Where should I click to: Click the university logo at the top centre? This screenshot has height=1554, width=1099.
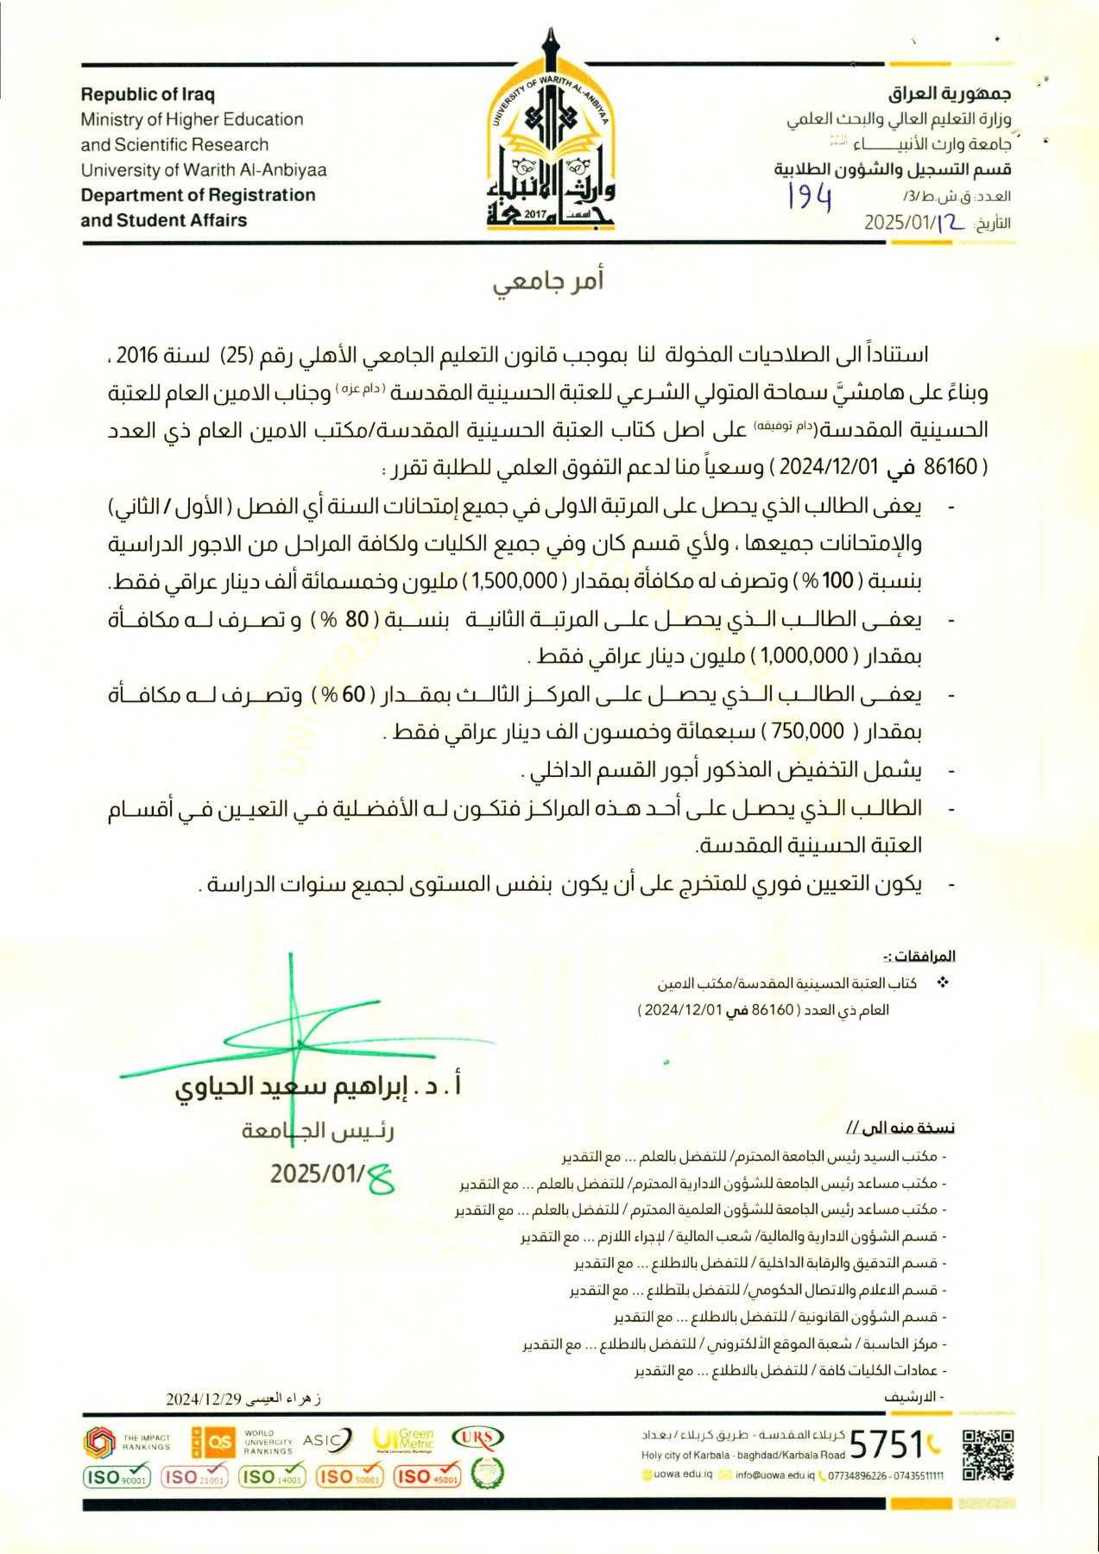(550, 138)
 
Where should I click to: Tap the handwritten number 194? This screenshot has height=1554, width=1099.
(809, 198)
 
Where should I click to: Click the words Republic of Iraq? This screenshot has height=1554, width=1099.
(148, 94)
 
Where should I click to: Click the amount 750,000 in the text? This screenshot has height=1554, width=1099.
(807, 732)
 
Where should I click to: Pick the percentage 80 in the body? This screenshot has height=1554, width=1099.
(357, 620)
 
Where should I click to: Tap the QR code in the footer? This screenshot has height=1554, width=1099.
(988, 1456)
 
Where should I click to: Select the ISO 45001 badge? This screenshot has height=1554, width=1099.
(427, 1476)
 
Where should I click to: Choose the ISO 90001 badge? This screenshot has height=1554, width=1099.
(117, 1476)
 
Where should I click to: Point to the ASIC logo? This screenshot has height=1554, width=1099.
(327, 1440)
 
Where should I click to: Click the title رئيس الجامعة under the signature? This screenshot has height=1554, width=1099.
(318, 1130)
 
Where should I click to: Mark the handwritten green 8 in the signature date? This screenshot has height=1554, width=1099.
(380, 1178)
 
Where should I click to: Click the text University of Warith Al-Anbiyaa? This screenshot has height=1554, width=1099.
(204, 170)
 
